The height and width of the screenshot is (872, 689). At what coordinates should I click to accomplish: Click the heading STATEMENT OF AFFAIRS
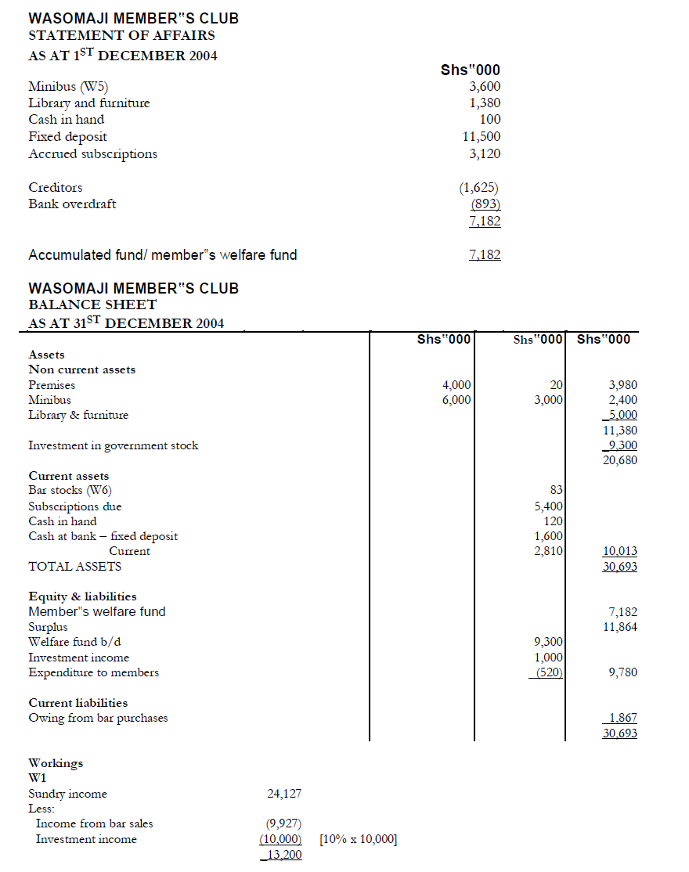pos(121,35)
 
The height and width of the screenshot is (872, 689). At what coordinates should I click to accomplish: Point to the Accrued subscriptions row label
pos(92,153)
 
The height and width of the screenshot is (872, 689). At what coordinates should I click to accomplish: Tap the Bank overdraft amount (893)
pos(485,204)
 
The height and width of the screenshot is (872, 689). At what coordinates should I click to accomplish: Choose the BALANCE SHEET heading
pos(92,304)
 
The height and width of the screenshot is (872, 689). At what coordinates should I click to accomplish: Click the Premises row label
pos(52,384)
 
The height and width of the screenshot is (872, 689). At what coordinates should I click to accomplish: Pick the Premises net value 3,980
pos(622,384)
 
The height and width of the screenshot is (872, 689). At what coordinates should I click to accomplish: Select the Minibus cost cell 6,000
pos(456,399)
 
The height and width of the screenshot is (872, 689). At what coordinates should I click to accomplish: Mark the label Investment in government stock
pos(113,445)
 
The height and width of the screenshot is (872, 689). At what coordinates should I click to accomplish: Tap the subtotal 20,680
pos(619,460)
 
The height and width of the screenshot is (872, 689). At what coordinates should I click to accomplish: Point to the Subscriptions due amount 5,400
pos(548,506)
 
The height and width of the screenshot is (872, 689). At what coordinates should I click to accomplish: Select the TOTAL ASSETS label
pos(74,566)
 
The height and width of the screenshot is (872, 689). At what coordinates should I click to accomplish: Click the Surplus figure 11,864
pos(619,627)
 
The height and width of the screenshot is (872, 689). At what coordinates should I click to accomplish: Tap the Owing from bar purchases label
pos(98,718)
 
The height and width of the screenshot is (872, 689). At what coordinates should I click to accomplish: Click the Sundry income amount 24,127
pos(284,794)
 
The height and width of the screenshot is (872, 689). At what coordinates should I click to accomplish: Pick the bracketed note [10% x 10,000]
pos(359,839)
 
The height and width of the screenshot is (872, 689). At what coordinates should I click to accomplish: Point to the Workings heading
pos(56,763)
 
